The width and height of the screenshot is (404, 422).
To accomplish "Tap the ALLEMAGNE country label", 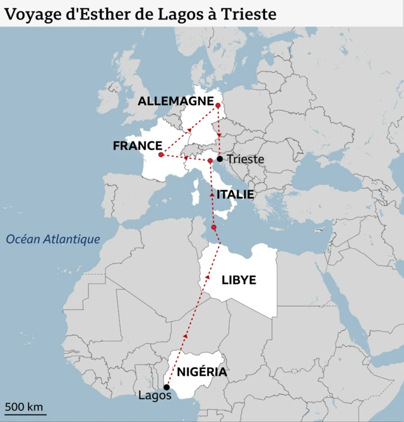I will [x=175, y=101].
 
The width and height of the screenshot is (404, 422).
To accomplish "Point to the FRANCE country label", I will [x=137, y=146].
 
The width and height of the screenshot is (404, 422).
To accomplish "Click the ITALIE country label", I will [x=235, y=195].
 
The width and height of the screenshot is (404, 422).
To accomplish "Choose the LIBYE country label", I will [x=239, y=280].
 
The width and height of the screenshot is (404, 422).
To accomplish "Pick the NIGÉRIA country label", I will [x=202, y=371].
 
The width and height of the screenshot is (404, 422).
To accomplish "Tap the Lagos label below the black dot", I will [x=155, y=396].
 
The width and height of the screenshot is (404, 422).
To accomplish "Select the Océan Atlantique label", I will [x=53, y=239].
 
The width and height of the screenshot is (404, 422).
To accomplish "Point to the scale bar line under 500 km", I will [x=25, y=414].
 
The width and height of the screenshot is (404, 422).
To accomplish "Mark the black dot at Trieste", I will [x=220, y=159].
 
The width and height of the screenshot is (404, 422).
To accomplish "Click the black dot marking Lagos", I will [x=167, y=387].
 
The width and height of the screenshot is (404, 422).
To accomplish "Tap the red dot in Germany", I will [x=218, y=105].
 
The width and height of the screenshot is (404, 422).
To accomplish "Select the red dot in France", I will [x=161, y=155].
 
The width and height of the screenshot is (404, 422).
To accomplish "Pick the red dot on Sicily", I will [x=214, y=227].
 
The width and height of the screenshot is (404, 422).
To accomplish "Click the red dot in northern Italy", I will [x=210, y=161].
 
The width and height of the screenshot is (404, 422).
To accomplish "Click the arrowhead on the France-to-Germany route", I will [x=189, y=130].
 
